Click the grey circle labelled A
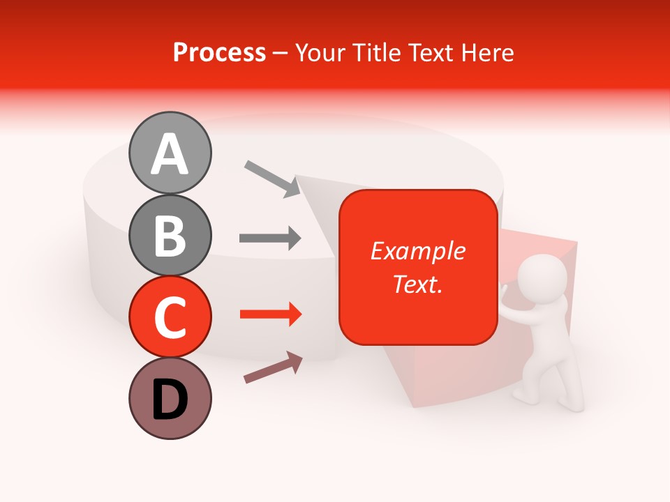(x=170, y=153)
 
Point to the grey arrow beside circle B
(x=270, y=238)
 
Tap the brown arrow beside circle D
(x=273, y=367)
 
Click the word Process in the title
(x=219, y=52)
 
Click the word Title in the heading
(x=378, y=52)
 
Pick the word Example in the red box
(x=417, y=251)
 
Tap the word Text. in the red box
(x=417, y=284)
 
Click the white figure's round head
(x=545, y=275)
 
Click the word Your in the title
(x=320, y=52)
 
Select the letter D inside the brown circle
(x=170, y=400)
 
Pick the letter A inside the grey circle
(x=170, y=154)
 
